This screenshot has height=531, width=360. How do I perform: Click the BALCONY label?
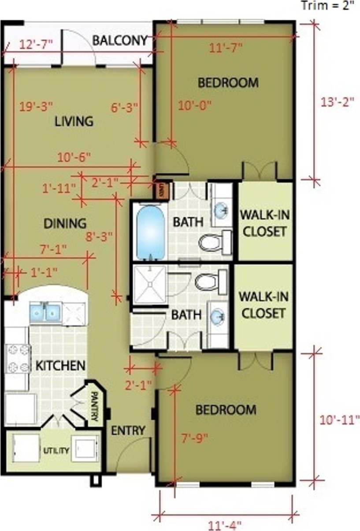[119, 41]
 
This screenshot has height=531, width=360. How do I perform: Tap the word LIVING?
[74, 121]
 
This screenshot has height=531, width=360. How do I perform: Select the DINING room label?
[65, 223]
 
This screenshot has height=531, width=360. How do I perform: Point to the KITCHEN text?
[60, 366]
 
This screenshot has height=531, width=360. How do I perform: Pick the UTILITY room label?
[56, 450]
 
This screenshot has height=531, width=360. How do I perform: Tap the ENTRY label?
[128, 430]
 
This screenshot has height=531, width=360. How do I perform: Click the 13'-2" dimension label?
[338, 101]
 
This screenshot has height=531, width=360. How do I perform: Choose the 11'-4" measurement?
[224, 525]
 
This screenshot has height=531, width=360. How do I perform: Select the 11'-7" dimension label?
[226, 48]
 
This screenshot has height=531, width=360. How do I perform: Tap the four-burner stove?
[18, 358]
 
